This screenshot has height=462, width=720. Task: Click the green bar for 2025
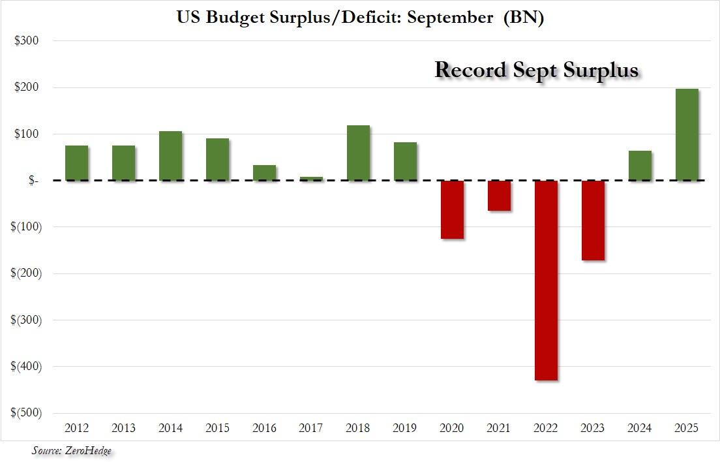687,134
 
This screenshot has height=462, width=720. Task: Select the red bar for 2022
546,280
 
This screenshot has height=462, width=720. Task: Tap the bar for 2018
358,153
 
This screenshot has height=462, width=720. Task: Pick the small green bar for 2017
311,178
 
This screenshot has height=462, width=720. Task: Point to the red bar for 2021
499,195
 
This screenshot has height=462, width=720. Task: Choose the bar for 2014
170,156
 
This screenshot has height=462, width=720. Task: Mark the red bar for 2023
593,220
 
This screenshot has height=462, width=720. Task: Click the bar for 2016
264,173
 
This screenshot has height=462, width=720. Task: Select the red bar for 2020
452,209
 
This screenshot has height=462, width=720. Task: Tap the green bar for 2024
640,166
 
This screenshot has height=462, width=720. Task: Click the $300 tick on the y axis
27,40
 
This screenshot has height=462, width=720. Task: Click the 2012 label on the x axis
76,428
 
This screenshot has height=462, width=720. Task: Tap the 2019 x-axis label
405,428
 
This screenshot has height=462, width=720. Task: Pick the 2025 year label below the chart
687,428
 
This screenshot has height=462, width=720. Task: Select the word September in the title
451,18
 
